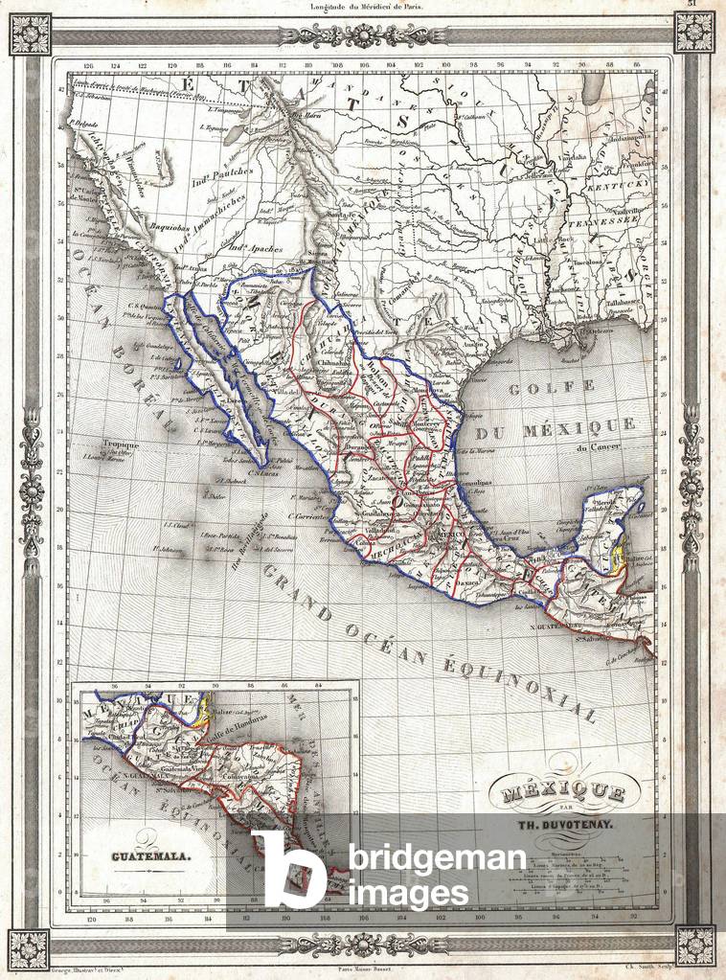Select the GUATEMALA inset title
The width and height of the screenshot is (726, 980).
click(x=146, y=856)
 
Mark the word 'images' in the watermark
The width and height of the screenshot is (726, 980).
click(x=409, y=893)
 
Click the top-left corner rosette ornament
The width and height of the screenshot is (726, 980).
click(x=29, y=33)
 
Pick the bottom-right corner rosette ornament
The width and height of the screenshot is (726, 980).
click(x=695, y=946)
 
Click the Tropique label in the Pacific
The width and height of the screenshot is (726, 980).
click(x=121, y=444)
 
